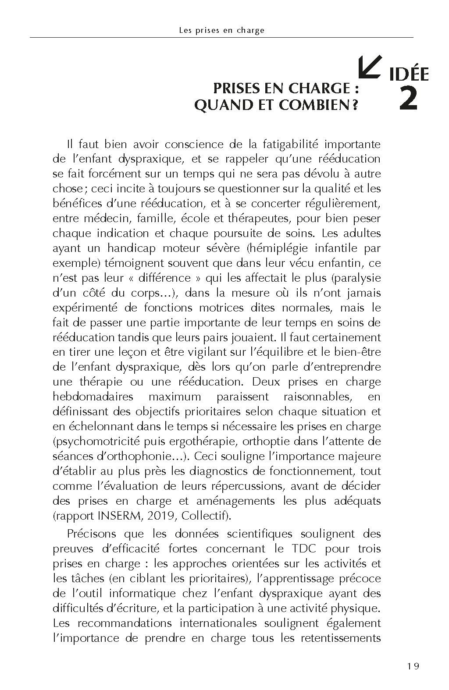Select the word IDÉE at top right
[408, 75]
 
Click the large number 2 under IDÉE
[408, 99]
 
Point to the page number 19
[413, 666]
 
